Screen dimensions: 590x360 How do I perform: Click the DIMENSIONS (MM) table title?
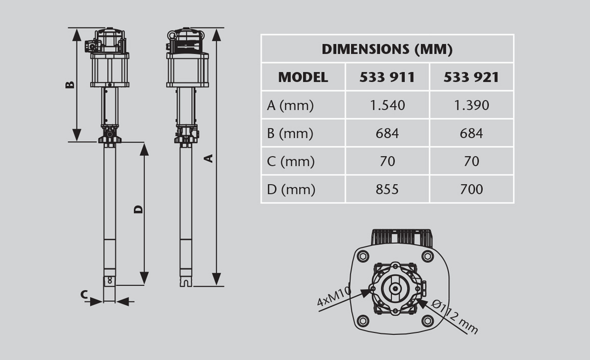pyautogui.click(x=387, y=49)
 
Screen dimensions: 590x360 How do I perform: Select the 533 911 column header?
pyautogui.click(x=387, y=78)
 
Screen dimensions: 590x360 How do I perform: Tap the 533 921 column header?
pyautogui.click(x=471, y=78)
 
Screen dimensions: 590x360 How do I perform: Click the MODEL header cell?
pyautogui.click(x=303, y=78)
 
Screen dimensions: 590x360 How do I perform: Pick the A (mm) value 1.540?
pyautogui.click(x=387, y=106)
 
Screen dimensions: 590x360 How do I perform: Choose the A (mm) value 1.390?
pyautogui.click(x=472, y=106)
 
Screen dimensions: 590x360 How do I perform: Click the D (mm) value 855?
pyautogui.click(x=387, y=189)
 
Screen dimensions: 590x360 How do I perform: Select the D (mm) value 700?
pyautogui.click(x=472, y=189)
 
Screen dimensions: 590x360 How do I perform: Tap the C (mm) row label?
pyautogui.click(x=291, y=162)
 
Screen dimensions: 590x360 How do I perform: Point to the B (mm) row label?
pyautogui.click(x=290, y=134)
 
